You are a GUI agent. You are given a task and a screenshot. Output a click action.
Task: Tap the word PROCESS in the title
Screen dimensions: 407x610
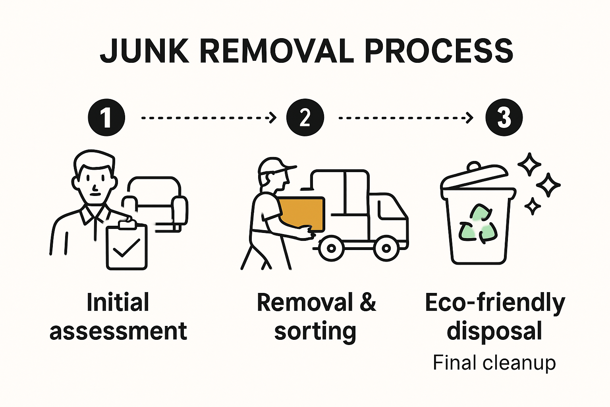point(438,51)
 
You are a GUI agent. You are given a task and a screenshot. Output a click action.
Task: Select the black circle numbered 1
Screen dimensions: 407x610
point(106,117)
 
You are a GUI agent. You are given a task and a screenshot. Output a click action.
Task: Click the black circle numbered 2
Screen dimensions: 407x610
point(305,117)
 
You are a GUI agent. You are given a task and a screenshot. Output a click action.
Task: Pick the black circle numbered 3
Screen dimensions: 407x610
point(504,117)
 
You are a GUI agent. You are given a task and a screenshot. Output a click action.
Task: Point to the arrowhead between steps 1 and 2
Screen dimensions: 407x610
point(273,118)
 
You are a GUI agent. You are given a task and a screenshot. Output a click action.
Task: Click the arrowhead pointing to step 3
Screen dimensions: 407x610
point(470,118)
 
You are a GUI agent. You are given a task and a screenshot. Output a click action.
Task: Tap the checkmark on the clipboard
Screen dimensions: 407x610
point(126,248)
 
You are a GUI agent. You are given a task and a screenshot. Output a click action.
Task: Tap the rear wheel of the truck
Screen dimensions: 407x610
point(331,249)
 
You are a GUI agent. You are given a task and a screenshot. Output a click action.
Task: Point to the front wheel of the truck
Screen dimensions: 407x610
point(386,249)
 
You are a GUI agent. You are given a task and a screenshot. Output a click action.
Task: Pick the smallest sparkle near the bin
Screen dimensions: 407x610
point(532,206)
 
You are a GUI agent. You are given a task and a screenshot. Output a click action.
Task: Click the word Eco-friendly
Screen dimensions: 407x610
point(494,303)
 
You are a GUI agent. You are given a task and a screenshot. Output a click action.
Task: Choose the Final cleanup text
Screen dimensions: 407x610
point(494,362)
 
